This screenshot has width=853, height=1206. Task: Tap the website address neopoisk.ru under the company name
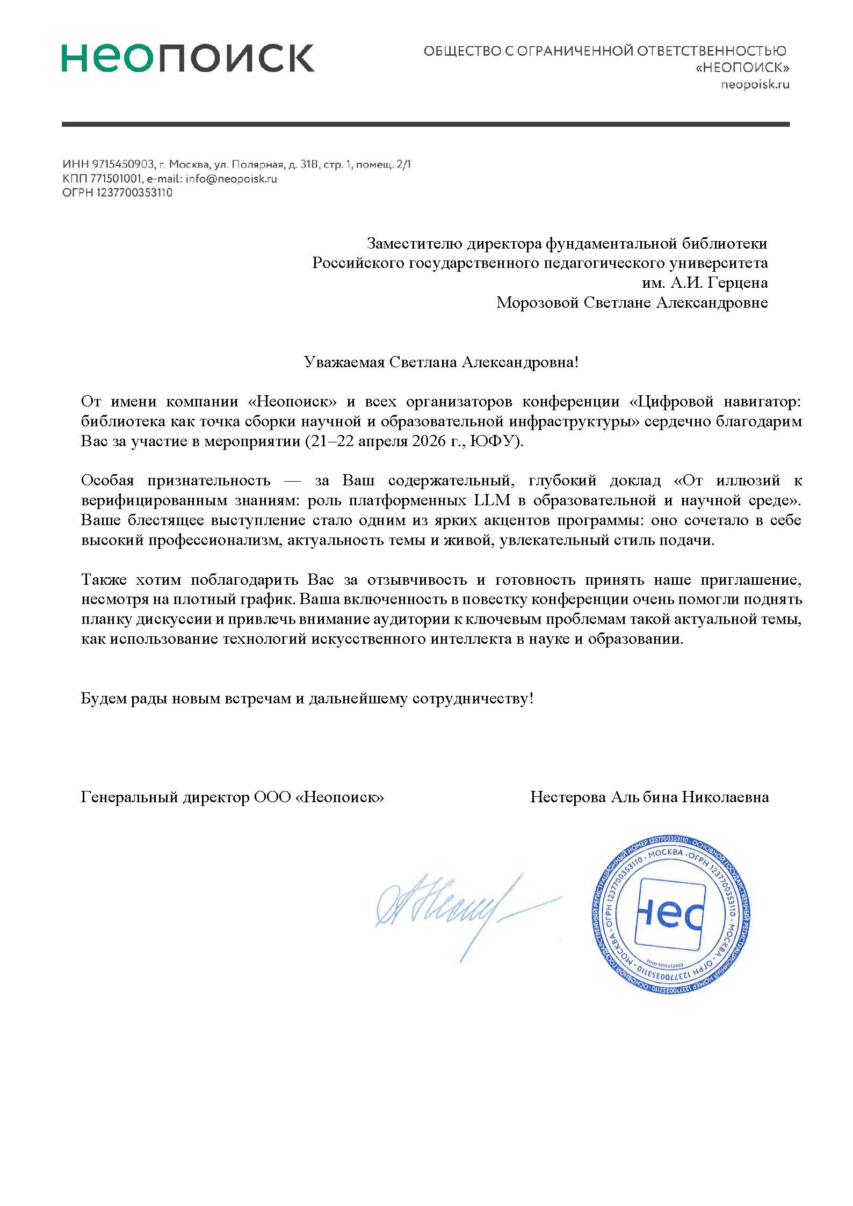click(755, 84)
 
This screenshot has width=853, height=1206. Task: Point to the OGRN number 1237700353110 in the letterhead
click(134, 193)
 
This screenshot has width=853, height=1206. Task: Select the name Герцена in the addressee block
click(741, 283)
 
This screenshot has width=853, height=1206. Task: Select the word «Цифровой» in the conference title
click(671, 402)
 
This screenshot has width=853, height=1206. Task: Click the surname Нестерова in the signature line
click(568, 797)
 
